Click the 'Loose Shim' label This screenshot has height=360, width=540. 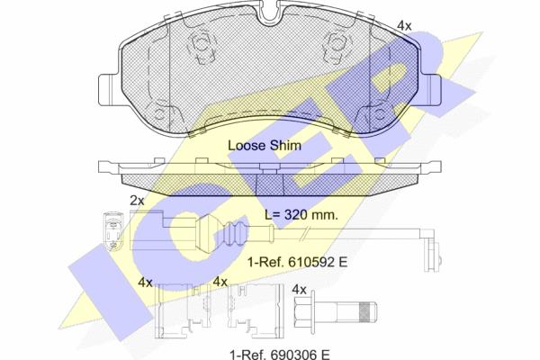(265, 146)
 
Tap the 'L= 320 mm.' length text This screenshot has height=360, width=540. (301, 215)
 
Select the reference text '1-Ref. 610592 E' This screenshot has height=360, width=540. (298, 262)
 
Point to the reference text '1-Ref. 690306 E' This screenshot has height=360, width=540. (280, 354)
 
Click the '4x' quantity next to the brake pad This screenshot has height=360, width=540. (404, 25)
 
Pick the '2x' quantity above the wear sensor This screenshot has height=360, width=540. (137, 200)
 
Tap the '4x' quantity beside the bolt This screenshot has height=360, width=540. (300, 290)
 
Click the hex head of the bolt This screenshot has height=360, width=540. (303, 311)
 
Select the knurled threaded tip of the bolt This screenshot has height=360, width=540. (367, 311)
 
